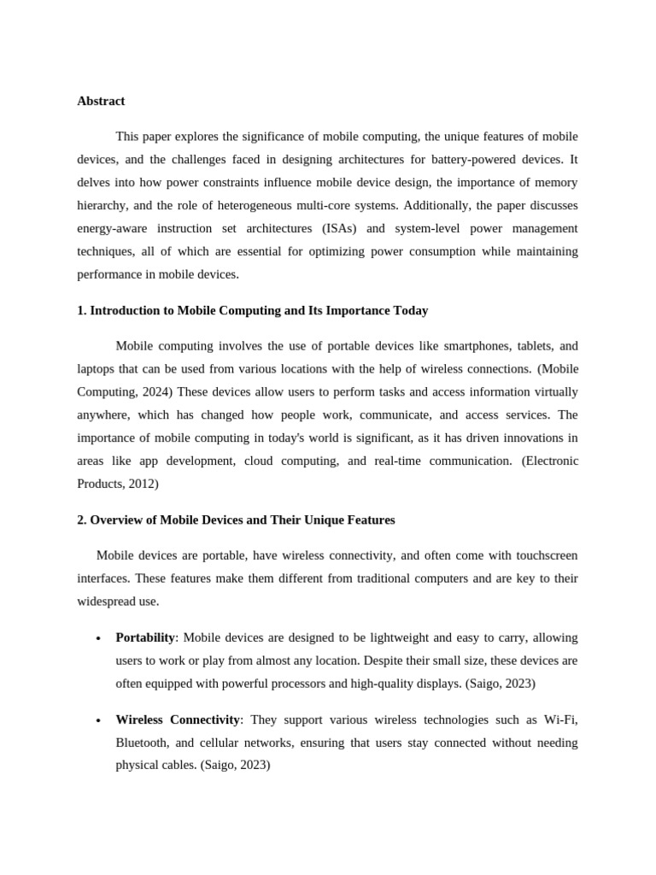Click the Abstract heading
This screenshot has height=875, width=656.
(x=101, y=101)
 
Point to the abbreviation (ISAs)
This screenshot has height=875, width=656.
(x=343, y=228)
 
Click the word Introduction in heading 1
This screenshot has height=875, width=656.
(x=132, y=310)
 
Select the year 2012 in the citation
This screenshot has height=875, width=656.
(x=142, y=484)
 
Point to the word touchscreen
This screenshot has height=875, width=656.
(x=536, y=555)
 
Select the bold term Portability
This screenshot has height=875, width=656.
(x=144, y=637)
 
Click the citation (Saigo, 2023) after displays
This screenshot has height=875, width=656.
(x=500, y=684)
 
